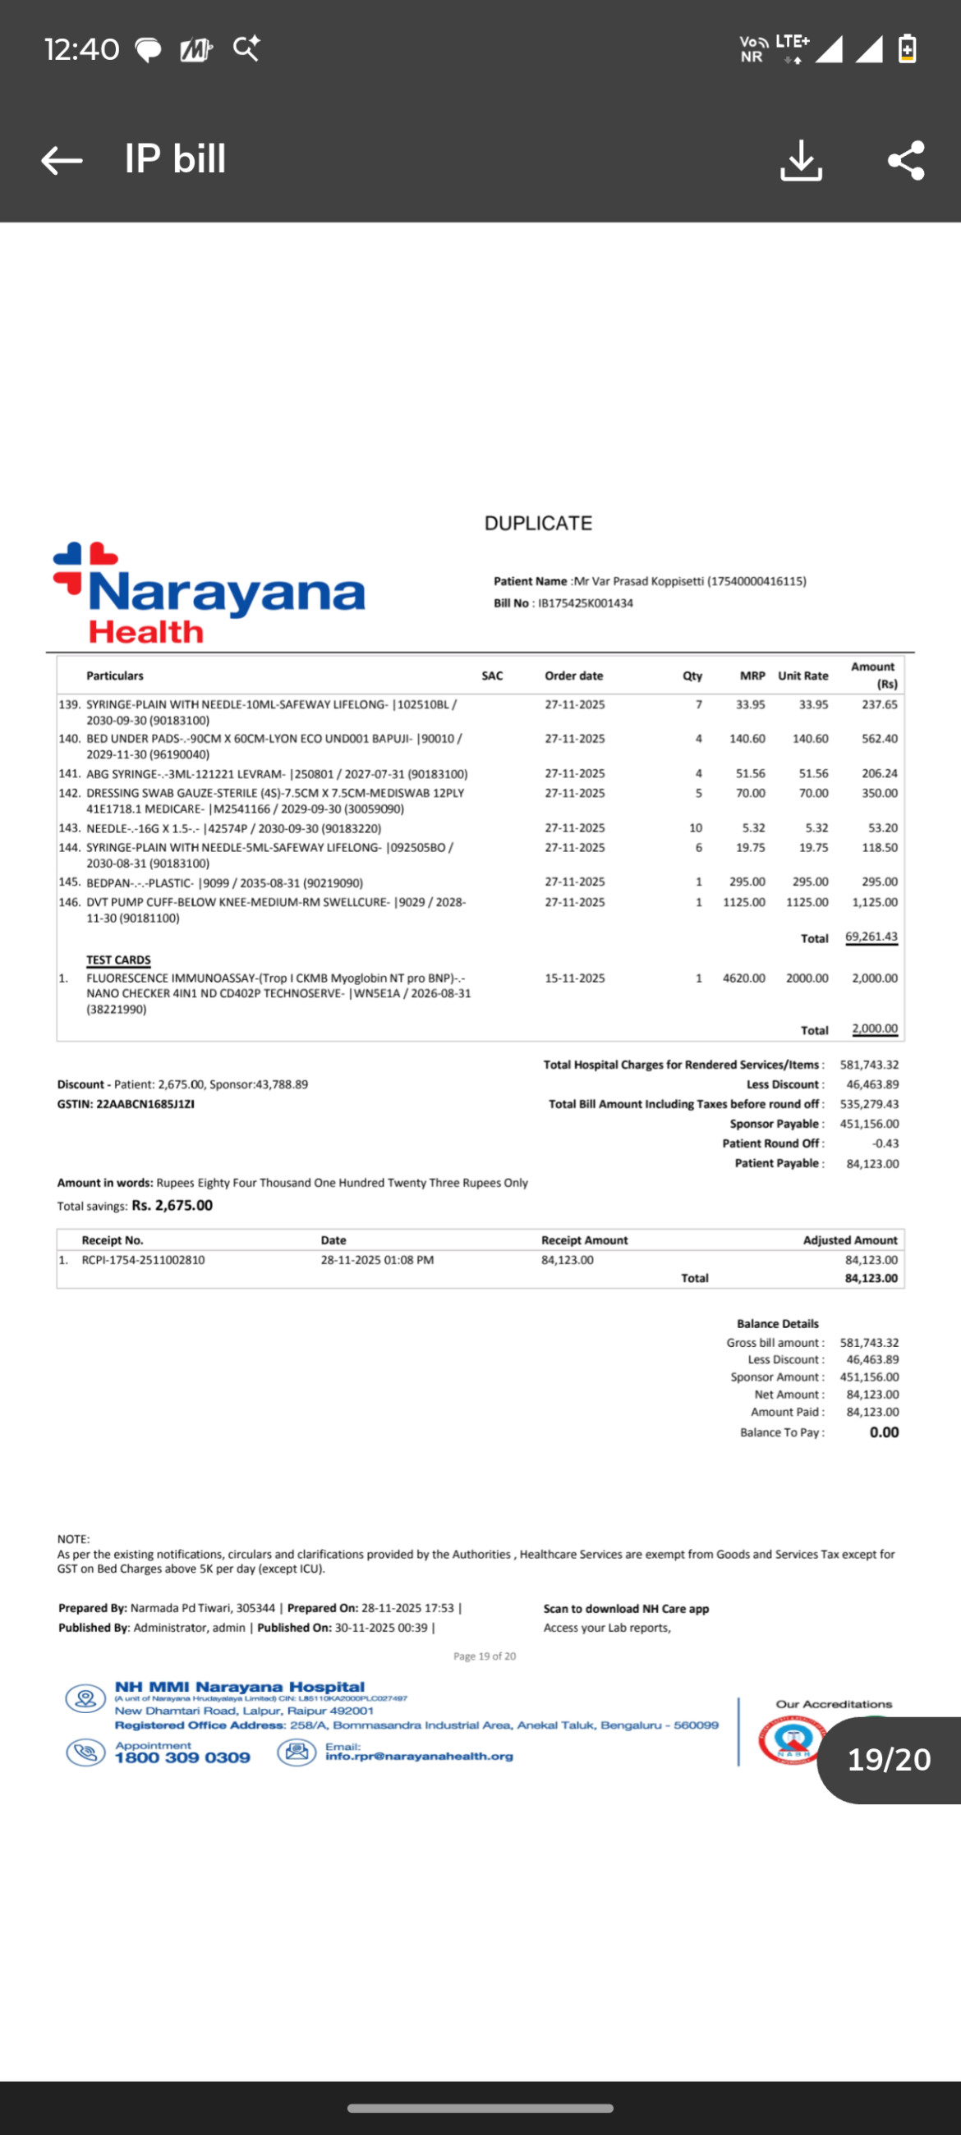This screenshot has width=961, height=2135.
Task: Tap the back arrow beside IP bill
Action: pyautogui.click(x=62, y=160)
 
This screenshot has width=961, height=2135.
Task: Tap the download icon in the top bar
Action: pyautogui.click(x=800, y=160)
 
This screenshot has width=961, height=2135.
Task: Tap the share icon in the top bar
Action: pyautogui.click(x=905, y=160)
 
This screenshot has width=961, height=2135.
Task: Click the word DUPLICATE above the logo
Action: pyautogui.click(x=538, y=524)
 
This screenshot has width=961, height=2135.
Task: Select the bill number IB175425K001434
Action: pyautogui.click(x=586, y=603)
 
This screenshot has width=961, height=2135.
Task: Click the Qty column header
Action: pyautogui.click(x=692, y=676)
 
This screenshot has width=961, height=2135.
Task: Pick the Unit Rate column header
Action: pyautogui.click(x=802, y=676)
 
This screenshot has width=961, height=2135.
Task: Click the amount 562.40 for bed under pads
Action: pyautogui.click(x=879, y=739)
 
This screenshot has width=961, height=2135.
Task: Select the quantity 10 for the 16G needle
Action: pyautogui.click(x=696, y=828)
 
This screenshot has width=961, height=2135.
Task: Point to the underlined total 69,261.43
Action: pyautogui.click(x=871, y=937)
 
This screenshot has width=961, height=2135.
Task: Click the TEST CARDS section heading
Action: pyautogui.click(x=118, y=960)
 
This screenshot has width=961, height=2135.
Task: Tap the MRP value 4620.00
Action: pyautogui.click(x=744, y=978)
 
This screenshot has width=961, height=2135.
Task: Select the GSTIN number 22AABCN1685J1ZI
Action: pyautogui.click(x=146, y=1104)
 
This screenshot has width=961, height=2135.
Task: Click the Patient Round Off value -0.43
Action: pyautogui.click(x=885, y=1143)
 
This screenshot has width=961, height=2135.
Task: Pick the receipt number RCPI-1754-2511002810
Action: pyautogui.click(x=144, y=1260)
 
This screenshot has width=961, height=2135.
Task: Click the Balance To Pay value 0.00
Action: pyautogui.click(x=884, y=1432)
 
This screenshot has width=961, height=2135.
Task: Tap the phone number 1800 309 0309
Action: pyautogui.click(x=182, y=1758)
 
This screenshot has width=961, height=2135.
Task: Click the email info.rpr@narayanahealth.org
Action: pyautogui.click(x=419, y=1757)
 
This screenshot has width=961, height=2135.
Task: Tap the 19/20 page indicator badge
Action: pyautogui.click(x=889, y=1760)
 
